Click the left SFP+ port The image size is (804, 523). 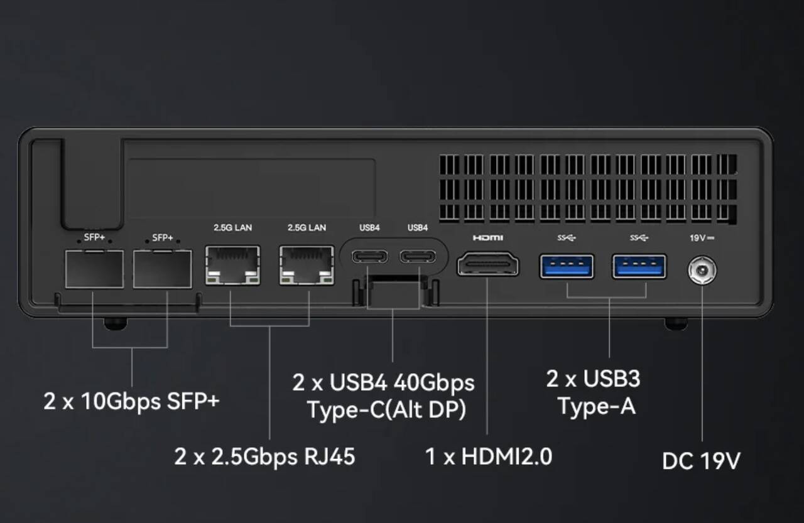point(94,269)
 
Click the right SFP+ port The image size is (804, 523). point(162,269)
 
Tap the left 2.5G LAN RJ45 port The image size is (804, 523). point(232,264)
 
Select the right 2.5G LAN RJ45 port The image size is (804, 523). point(307,264)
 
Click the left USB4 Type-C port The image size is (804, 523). point(369,257)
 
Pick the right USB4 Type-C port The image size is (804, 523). point(417,257)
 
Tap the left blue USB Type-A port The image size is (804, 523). point(567,266)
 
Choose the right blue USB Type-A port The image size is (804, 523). point(639,266)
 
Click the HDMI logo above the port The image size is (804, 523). point(488,238)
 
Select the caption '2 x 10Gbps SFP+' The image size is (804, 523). point(131,401)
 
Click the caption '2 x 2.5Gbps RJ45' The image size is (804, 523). point(264,456)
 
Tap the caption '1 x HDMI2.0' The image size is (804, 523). point(489,456)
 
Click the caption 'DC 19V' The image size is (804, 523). point(701,461)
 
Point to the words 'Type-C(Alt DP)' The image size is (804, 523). point(386,409)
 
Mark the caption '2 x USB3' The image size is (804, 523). point(593,379)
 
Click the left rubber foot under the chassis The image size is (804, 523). point(116,323)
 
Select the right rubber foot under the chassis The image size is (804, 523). point(676,323)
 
